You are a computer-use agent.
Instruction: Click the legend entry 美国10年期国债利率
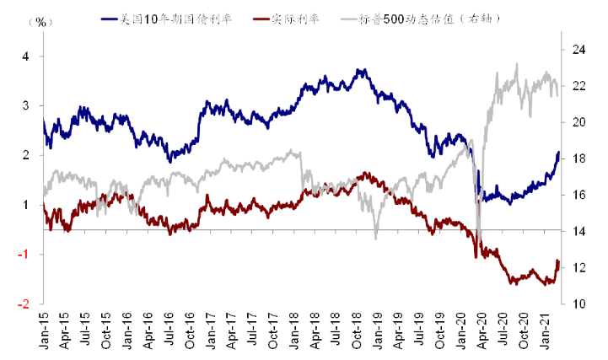click(x=166, y=19)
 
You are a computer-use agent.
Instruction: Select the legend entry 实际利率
click(x=286, y=19)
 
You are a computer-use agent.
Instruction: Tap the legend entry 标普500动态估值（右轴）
click(x=420, y=19)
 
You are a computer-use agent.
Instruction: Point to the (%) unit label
click(x=40, y=22)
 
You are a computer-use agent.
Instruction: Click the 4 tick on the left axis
click(x=25, y=56)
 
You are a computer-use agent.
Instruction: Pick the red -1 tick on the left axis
click(x=24, y=255)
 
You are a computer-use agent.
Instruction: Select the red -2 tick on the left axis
click(x=24, y=304)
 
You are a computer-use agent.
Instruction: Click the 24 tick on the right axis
click(x=579, y=50)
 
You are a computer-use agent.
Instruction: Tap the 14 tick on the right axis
click(x=579, y=231)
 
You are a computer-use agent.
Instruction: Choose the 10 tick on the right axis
click(x=579, y=304)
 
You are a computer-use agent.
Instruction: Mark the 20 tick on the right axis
click(x=579, y=122)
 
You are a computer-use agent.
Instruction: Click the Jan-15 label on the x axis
click(x=44, y=329)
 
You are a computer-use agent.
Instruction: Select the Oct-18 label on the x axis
click(x=357, y=329)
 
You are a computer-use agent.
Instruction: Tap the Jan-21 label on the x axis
click(x=545, y=329)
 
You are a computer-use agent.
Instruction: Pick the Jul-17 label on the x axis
click(x=252, y=329)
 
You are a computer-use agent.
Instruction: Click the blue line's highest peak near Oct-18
click(x=358, y=70)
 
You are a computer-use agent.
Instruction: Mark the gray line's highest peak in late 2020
click(x=516, y=63)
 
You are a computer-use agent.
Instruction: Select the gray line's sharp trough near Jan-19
click(x=376, y=239)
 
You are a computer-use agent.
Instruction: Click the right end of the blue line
click(x=559, y=152)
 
